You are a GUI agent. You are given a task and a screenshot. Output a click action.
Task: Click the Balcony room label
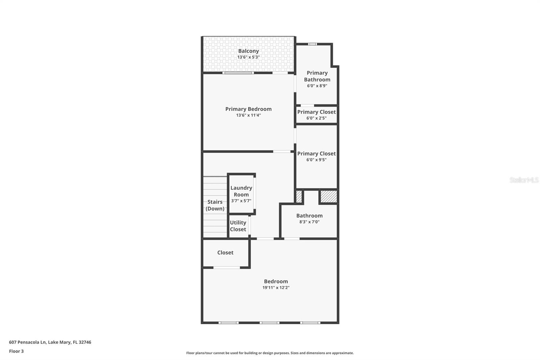(x=248, y=51)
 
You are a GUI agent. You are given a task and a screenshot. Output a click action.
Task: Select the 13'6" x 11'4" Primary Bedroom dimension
(x=248, y=115)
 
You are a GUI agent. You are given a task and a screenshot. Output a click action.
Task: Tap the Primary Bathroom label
(x=317, y=76)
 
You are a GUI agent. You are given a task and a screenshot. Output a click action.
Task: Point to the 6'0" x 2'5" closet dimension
(x=316, y=118)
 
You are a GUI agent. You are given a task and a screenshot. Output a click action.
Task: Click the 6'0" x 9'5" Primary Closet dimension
(x=316, y=160)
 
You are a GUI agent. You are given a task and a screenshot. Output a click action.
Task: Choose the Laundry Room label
(x=241, y=191)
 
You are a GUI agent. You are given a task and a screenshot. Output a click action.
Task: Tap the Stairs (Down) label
(x=215, y=205)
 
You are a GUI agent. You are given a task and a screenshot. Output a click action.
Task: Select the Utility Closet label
(x=238, y=226)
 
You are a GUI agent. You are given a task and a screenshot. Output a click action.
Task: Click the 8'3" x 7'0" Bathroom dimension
(x=309, y=222)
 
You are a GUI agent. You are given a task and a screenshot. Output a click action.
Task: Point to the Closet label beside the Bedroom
(x=225, y=253)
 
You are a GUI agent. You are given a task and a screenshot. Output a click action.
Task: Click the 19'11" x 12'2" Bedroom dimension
(x=276, y=288)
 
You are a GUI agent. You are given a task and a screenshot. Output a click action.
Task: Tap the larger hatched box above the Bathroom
(x=328, y=197)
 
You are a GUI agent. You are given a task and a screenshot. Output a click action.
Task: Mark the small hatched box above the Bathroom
(x=299, y=197)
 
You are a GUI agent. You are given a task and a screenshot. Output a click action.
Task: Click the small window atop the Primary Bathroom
(x=313, y=44)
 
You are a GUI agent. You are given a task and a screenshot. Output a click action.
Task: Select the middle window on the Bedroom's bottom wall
(x=269, y=323)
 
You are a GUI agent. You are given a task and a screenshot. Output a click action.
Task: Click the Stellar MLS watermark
(x=524, y=180)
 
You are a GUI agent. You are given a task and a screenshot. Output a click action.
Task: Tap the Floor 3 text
(x=16, y=351)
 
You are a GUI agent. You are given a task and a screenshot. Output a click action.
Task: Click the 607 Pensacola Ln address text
(x=50, y=342)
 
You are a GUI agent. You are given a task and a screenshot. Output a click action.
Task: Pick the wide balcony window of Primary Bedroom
(x=238, y=73)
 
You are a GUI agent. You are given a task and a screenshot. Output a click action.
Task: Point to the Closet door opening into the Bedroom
(x=226, y=268)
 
